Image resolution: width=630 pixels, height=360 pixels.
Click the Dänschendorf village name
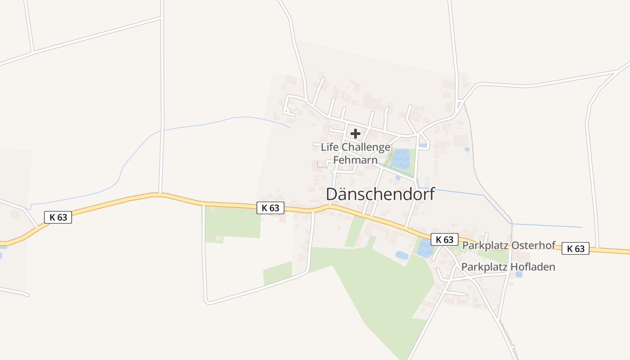(x=380, y=194)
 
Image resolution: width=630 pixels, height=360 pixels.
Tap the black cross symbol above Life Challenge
(x=355, y=133)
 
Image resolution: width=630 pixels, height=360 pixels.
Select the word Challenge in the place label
(x=366, y=147)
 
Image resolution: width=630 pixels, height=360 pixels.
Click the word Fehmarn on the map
(x=355, y=160)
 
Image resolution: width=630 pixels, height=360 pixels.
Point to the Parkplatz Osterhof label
(x=509, y=246)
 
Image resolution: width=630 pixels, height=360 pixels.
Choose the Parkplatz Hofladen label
(x=508, y=267)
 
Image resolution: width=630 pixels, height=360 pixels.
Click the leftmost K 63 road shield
(x=58, y=217)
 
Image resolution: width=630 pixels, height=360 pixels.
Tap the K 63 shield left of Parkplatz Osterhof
(x=444, y=239)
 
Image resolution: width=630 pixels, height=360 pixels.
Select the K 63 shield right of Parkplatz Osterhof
(x=576, y=248)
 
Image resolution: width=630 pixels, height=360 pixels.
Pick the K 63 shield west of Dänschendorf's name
(x=270, y=207)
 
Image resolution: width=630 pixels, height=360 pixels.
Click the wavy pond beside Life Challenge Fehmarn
(x=400, y=158)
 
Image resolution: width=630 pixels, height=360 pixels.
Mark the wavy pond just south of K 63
(x=425, y=247)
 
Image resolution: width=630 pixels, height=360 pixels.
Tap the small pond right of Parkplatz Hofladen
(x=519, y=274)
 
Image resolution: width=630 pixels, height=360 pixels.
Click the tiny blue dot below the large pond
(x=397, y=178)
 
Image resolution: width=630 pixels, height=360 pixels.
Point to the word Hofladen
(x=533, y=267)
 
